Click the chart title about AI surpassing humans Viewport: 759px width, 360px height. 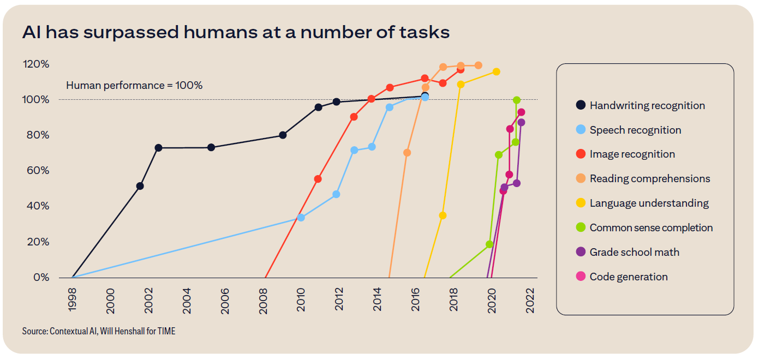coord(236,32)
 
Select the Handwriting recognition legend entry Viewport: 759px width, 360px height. coord(647,106)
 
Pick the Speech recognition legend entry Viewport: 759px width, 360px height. coord(635,130)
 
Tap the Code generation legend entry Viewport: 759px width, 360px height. coord(629,277)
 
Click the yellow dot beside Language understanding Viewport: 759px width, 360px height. coord(581,203)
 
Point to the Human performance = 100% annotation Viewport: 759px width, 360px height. coord(134,86)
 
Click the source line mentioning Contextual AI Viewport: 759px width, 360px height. coord(99,331)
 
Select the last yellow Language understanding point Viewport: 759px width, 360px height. coord(496,72)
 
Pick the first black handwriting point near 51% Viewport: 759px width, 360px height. coord(140,186)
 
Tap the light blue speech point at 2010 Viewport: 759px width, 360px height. coord(301,218)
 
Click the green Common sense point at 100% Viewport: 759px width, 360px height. coord(516,100)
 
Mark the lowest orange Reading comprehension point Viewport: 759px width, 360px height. coord(407,153)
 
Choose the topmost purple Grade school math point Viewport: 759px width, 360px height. coord(521,122)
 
